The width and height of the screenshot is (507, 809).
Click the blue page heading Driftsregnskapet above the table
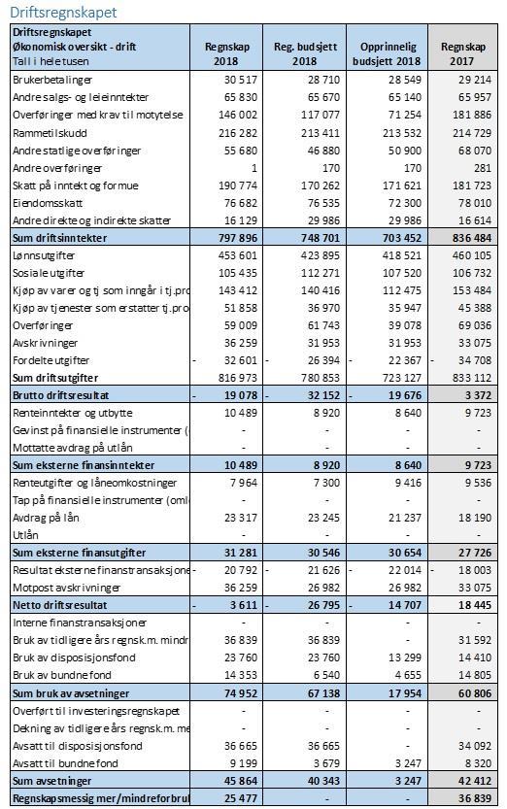63,12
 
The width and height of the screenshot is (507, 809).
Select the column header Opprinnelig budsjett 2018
387,53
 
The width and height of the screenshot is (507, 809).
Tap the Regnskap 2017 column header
463,53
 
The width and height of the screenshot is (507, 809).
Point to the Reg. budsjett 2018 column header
305,53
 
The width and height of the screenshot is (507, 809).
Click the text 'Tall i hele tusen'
51,61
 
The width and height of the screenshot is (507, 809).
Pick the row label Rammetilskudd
50,133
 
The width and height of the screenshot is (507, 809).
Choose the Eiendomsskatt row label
48,203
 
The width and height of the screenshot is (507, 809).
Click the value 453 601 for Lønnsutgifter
237,255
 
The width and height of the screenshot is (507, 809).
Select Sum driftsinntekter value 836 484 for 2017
471,238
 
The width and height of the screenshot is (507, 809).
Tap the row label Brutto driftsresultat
61,395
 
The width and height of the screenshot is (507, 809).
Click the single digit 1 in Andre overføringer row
253,168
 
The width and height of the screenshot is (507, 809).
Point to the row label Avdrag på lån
46,518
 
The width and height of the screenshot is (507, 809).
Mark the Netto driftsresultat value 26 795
323,605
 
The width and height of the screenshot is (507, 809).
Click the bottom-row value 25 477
240,798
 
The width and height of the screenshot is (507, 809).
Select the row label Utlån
25,535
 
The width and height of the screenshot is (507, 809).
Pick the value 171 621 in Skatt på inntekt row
402,185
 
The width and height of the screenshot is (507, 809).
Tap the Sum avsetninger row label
51,781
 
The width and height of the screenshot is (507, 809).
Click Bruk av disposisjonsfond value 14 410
475,657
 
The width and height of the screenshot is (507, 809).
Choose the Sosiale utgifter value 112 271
321,273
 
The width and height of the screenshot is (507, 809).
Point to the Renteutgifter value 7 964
244,483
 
